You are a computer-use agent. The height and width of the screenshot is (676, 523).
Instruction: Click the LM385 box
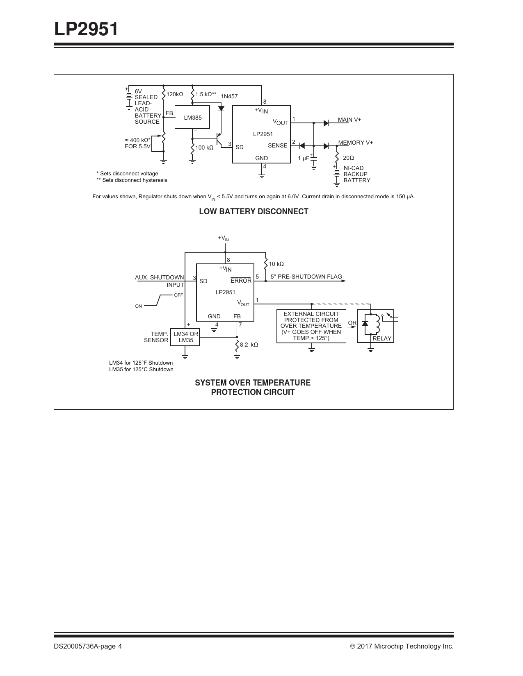point(192,117)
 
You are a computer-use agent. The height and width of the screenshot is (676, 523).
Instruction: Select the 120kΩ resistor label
point(175,94)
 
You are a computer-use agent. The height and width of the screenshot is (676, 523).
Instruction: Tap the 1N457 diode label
point(229,96)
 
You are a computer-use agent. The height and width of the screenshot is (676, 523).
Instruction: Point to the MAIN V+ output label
point(349,120)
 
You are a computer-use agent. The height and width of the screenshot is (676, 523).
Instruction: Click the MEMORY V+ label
point(356,143)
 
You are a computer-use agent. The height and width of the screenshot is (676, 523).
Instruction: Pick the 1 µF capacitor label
point(304,158)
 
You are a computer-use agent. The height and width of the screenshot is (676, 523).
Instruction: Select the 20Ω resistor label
point(348,158)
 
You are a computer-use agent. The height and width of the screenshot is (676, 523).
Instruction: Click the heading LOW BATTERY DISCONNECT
point(254,211)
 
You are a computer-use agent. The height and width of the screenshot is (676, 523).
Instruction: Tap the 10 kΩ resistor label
point(276,264)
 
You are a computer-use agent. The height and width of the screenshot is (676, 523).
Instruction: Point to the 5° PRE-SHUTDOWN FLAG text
point(306,277)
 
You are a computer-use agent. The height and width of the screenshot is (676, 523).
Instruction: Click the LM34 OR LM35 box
point(185,337)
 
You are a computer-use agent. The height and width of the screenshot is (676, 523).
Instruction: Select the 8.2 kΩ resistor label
point(249,345)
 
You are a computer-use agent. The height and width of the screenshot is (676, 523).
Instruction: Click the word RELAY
point(382,338)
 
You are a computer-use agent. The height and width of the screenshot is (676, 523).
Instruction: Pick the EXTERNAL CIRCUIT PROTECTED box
point(311,326)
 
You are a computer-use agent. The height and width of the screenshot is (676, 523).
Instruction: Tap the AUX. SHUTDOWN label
point(159,277)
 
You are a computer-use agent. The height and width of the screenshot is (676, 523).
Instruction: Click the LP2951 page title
point(86,29)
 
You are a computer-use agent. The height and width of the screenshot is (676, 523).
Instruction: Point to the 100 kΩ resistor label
point(204,147)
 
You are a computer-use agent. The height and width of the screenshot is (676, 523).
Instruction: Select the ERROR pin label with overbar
point(241,281)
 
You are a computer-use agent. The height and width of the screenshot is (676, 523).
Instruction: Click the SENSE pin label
point(278,145)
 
